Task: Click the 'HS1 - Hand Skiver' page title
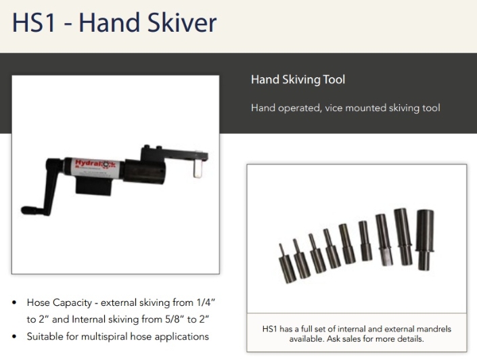pos(114,23)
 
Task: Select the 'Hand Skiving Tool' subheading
pos(298,80)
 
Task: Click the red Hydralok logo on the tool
pos(95,164)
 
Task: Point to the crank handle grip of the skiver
pos(30,210)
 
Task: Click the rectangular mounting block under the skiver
pos(93,187)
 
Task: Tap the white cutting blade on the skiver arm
pos(198,167)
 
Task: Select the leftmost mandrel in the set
pos(286,263)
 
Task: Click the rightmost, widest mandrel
pos(425,240)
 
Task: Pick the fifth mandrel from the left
pos(346,244)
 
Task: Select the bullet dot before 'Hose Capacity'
pos(14,302)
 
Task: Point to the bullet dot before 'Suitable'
pos(14,336)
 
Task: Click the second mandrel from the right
pos(403,237)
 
